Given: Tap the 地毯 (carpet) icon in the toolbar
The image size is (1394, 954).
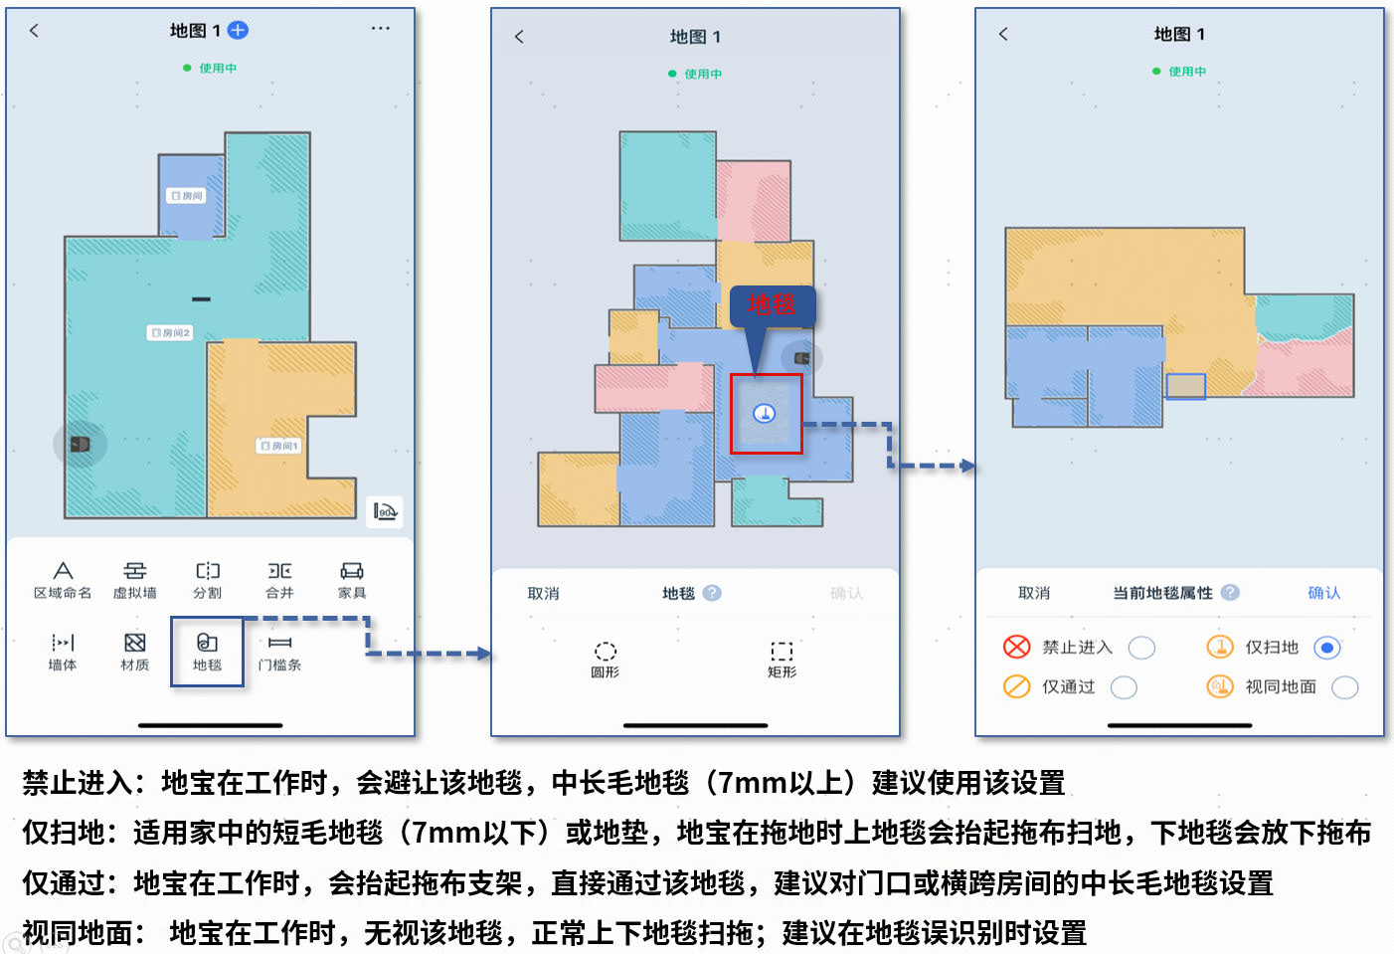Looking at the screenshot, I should pos(207,644).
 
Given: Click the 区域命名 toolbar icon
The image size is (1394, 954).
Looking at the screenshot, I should pos(63,571).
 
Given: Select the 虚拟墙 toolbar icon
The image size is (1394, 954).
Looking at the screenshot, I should pos(134,571).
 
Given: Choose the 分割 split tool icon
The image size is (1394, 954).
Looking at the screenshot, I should pos(207,571).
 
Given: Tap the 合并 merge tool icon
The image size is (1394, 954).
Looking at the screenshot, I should pos(279,571).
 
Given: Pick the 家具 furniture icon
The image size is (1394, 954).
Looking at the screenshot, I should pos(352,571).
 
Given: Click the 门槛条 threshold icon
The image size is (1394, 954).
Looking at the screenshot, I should pos(279,644).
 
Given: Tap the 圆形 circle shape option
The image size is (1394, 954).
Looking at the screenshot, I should pos(605,652).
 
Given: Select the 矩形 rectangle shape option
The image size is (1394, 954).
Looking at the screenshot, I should pos(782,652).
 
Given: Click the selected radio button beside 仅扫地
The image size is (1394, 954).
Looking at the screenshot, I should pos(1326,648).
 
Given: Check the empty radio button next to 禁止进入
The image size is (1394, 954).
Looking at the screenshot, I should pos(1141,648).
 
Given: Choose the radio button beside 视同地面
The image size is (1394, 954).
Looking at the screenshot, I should pos(1344,687).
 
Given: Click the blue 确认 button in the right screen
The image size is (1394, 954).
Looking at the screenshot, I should pos(1323,593).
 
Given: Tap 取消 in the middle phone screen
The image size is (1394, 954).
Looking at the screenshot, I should pos(543,594).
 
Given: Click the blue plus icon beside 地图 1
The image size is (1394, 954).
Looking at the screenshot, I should pos(238,31).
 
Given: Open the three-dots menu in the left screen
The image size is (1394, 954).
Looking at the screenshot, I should pos(380,29).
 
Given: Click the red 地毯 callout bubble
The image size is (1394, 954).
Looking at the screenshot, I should pos(773,305).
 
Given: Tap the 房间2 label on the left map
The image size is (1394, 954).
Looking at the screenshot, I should pos(170,333).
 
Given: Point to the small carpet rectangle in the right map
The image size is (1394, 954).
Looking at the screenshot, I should pos(1185,386).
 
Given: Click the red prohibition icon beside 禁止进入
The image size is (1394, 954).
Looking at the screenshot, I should pos(1016,648).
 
